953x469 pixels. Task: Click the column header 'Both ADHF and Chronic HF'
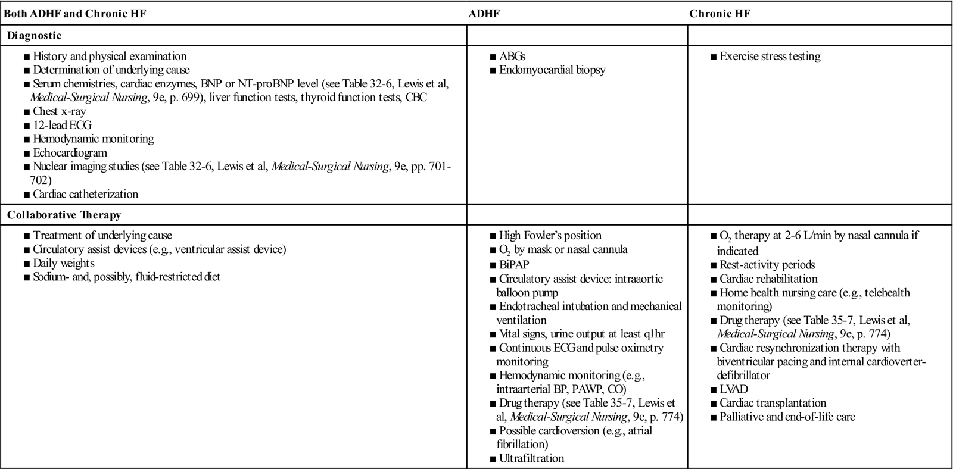[75, 13]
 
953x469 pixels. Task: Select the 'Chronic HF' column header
[720, 13]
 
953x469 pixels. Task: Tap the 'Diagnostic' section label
[34, 35]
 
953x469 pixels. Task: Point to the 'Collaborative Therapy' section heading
[56, 215]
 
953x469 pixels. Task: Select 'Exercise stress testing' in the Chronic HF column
[770, 57]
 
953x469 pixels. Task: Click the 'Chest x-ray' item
[59, 111]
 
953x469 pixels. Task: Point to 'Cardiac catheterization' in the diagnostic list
[85, 194]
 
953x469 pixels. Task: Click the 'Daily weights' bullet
[63, 263]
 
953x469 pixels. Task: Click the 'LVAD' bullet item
[733, 389]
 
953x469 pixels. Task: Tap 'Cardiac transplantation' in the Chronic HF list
[773, 403]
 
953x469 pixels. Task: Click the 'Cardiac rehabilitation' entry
[768, 279]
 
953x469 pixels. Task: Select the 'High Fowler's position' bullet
[550, 235]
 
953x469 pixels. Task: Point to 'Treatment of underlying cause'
[102, 235]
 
